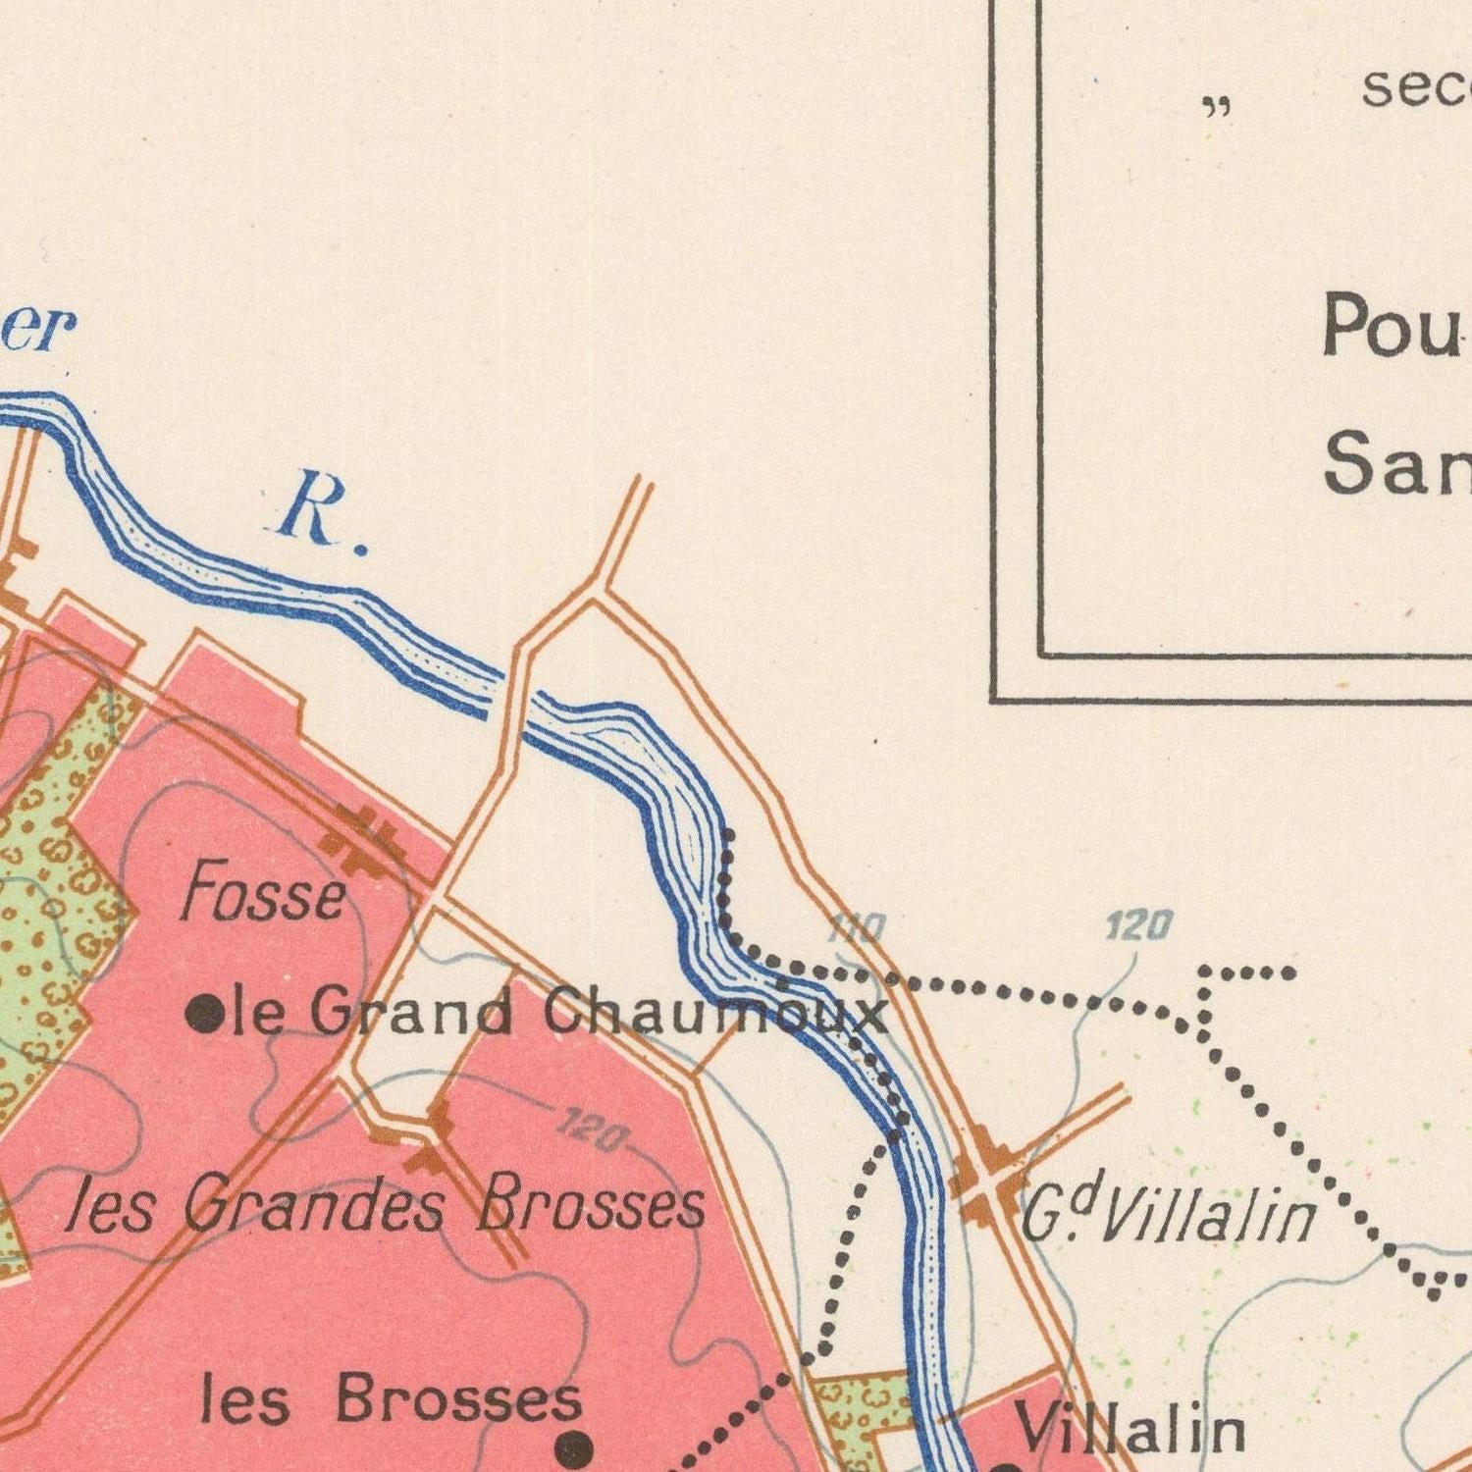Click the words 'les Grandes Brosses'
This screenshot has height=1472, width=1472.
[x=386, y=1206]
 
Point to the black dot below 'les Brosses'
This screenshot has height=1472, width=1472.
[x=574, y=1446]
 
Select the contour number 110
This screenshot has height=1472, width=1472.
[x=856, y=927]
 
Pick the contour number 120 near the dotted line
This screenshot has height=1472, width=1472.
[x=1138, y=924]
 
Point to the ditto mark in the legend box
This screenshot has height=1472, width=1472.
[x=1217, y=107]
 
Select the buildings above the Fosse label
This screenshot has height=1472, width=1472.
[x=363, y=839]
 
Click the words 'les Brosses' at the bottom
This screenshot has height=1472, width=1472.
[x=391, y=1399]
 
